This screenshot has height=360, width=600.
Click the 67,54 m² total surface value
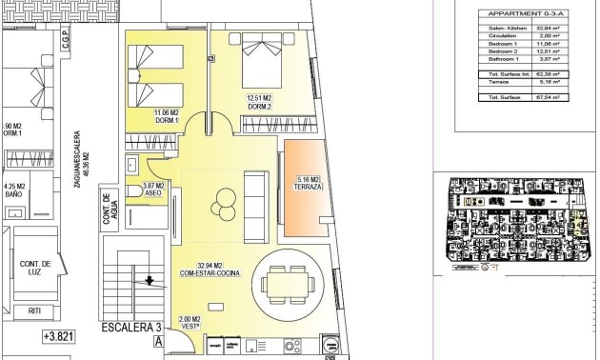pyautogui.click(x=560, y=96)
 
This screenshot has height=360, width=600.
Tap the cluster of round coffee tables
pyautogui.click(x=226, y=200)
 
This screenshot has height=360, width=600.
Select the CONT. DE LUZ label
pyautogui.click(x=32, y=268)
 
